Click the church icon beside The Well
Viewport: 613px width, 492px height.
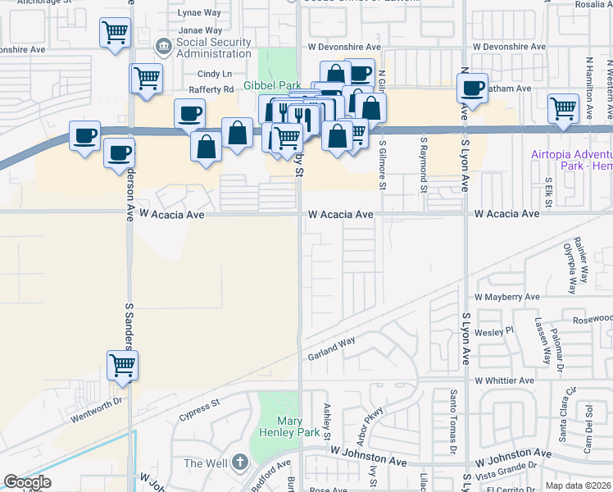point(239,462)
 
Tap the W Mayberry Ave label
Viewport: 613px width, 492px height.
point(507,297)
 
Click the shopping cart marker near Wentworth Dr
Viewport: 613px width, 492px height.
point(122,365)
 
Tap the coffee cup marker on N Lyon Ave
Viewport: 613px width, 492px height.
point(472,88)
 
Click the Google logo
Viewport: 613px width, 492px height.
point(27,482)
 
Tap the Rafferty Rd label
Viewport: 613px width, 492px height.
point(211,90)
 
